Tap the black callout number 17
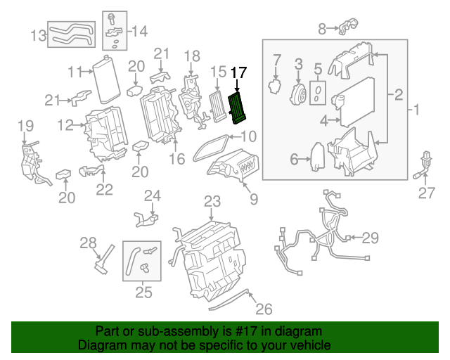tap(238, 72)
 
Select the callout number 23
tap(212, 202)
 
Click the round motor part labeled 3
tap(298, 93)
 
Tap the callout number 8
tap(322, 29)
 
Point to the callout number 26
tap(263, 308)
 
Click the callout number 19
tap(25, 126)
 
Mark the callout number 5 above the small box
tap(317, 69)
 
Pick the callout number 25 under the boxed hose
tap(143, 292)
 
